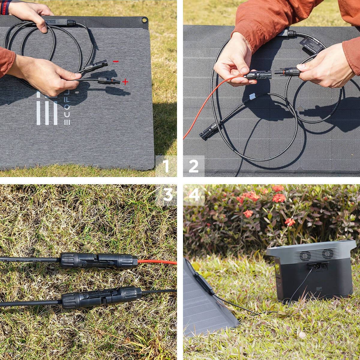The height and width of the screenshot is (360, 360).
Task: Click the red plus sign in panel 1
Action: pyautogui.click(x=125, y=82)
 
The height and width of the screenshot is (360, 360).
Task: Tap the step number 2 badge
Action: pyautogui.click(x=193, y=166)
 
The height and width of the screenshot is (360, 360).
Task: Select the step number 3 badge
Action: pyautogui.click(x=166, y=195)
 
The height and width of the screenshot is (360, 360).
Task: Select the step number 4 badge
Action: pyautogui.click(x=194, y=195)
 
